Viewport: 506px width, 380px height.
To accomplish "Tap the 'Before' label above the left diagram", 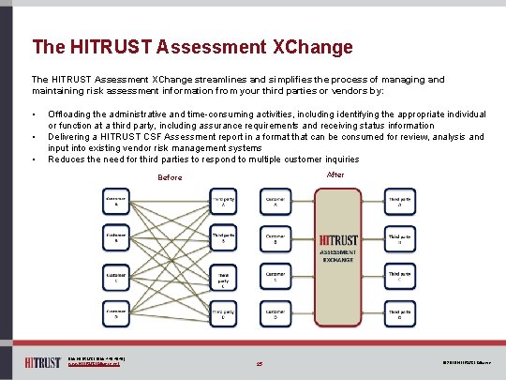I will click(170, 177).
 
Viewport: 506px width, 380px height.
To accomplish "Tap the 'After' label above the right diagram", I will click(335, 175).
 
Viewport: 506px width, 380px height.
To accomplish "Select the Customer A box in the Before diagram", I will click(116, 203).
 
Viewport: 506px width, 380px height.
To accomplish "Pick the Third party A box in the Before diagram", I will click(224, 203).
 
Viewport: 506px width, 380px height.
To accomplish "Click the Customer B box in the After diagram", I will click(275, 239).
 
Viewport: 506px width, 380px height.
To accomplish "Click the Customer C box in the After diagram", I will click(275, 278).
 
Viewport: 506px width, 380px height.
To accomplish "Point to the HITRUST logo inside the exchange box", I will click(339, 240).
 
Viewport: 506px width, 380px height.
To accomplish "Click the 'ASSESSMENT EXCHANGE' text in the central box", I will click(338, 257).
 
